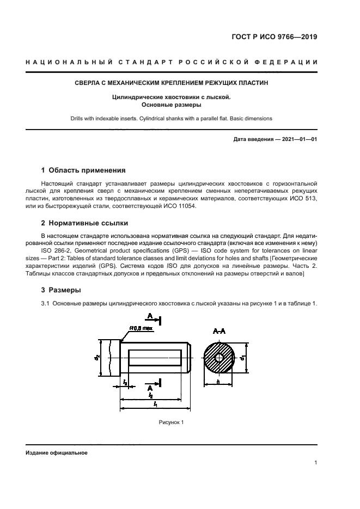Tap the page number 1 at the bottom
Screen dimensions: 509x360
tap(316, 463)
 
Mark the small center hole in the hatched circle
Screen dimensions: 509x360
tap(221, 358)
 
